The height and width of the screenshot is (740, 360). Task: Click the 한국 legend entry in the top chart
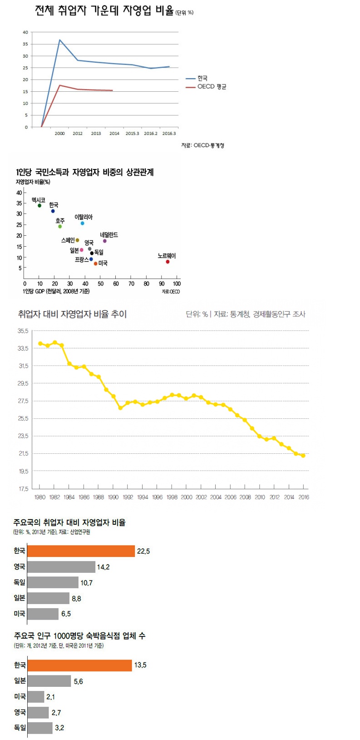point(202,79)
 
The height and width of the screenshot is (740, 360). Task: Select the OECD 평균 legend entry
point(212,87)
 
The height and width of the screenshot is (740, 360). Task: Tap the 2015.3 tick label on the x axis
point(132,134)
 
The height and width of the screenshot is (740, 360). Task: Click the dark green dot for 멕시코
point(39,206)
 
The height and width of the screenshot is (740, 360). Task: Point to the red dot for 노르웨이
point(168,262)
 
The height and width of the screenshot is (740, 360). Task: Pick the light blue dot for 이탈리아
point(82,223)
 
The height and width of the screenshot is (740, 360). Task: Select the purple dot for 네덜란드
point(104,241)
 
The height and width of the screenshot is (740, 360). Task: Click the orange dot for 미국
point(95,263)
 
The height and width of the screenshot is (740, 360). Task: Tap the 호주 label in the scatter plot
point(60,221)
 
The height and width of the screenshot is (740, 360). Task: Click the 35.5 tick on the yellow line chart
point(23,331)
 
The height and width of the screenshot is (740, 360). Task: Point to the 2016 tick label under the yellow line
point(304,497)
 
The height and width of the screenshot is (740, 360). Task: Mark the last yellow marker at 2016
point(303,456)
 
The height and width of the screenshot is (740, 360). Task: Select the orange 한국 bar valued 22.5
point(81,551)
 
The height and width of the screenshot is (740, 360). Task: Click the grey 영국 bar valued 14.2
point(61,566)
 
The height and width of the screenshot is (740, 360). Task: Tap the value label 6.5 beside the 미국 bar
point(66,614)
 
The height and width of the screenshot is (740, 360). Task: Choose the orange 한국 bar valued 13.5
point(79,665)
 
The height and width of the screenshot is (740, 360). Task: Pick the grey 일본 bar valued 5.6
point(49,681)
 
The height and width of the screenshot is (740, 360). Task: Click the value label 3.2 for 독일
point(59,728)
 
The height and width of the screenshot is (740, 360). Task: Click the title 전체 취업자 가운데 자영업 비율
point(104,11)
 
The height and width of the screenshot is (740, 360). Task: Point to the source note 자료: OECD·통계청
point(202,145)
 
